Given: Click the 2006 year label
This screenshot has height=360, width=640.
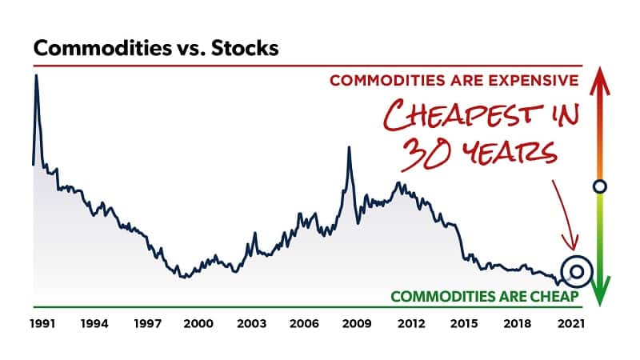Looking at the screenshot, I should [306, 324].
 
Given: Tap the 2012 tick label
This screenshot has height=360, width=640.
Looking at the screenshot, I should [410, 324].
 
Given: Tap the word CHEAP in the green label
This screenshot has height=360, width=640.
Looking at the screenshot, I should [551, 296].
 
